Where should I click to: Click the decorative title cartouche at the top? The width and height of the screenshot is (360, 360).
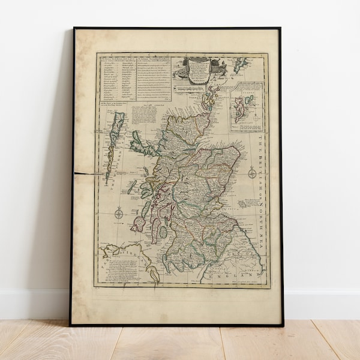[199, 71]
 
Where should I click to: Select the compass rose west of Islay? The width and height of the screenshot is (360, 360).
[119, 212]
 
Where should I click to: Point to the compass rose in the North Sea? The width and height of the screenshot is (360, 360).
[252, 173]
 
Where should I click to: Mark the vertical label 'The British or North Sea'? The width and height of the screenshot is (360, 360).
[262, 187]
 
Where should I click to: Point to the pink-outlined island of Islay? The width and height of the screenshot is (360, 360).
[139, 224]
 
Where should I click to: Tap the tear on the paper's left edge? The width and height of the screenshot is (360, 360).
[84, 173]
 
